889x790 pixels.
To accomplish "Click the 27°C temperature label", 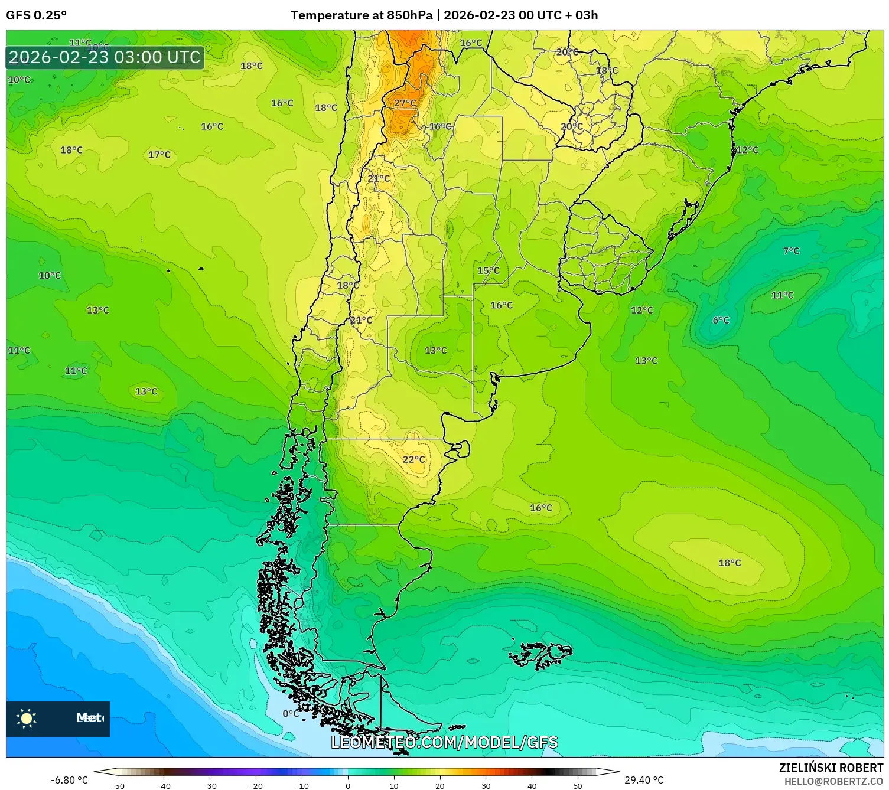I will click(405, 103).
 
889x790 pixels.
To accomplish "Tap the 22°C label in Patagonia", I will click(413, 459).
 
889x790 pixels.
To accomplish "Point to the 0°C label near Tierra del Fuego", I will click(291, 713).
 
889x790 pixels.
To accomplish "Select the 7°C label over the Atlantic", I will click(791, 251).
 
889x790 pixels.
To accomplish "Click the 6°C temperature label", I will click(721, 320).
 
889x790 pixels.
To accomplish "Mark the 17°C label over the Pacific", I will click(159, 155).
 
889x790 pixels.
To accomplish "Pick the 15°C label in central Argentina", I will click(488, 270).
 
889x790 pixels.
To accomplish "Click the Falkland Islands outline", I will click(540, 655).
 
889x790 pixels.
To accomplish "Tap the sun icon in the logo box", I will click(27, 719).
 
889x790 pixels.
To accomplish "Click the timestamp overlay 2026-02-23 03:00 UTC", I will click(105, 57).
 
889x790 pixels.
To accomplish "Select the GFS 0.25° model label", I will click(36, 15).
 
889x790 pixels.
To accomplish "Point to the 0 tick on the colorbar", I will click(348, 785).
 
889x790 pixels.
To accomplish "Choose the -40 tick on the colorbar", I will click(164, 785).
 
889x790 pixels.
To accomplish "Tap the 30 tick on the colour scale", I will click(486, 785).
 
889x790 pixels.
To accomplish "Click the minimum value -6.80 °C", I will click(69, 780).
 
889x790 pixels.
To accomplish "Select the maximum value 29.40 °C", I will click(644, 780).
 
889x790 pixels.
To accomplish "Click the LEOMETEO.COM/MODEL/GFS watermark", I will click(444, 742).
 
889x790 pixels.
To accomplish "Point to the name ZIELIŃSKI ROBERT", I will click(831, 768).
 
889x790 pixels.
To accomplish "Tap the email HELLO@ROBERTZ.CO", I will click(833, 781).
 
